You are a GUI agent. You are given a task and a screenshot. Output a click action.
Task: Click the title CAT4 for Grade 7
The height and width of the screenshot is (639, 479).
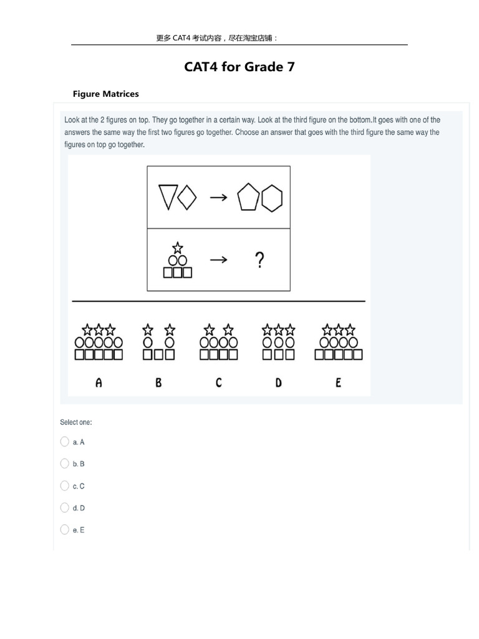[239, 67]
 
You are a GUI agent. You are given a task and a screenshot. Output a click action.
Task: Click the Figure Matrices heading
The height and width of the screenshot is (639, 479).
[105, 94]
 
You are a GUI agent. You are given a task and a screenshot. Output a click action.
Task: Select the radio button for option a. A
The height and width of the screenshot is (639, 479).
[65, 442]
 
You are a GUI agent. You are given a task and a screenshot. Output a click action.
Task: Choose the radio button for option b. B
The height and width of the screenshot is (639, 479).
[65, 464]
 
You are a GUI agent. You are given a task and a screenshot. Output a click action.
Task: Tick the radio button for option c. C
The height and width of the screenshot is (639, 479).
[65, 485]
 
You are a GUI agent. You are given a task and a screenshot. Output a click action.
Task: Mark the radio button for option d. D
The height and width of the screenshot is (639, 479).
[65, 507]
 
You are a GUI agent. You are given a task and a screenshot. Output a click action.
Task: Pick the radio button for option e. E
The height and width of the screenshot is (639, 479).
[65, 530]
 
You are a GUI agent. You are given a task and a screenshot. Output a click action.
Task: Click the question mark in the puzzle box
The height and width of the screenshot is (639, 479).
[260, 260]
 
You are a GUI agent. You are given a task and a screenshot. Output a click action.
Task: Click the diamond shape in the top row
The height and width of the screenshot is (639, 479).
[187, 197]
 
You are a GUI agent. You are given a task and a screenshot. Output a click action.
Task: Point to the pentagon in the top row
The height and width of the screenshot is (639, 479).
[248, 198]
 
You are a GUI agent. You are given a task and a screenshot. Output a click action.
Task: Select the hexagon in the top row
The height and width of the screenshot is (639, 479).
[271, 198]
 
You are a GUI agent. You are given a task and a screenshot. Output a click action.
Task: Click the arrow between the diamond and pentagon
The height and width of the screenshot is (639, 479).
[218, 197]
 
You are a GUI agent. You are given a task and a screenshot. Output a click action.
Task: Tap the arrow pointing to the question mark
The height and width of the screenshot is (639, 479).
[218, 260]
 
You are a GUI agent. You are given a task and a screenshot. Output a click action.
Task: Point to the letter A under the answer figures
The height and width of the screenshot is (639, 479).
[99, 383]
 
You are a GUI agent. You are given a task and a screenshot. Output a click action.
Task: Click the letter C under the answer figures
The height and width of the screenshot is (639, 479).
[218, 383]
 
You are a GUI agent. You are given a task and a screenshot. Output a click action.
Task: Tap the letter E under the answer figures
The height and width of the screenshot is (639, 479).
[338, 383]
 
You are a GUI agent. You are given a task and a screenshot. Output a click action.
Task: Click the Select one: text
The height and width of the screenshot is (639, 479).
[76, 422]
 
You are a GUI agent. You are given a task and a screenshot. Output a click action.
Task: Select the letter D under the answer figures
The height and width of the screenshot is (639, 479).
[278, 383]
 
